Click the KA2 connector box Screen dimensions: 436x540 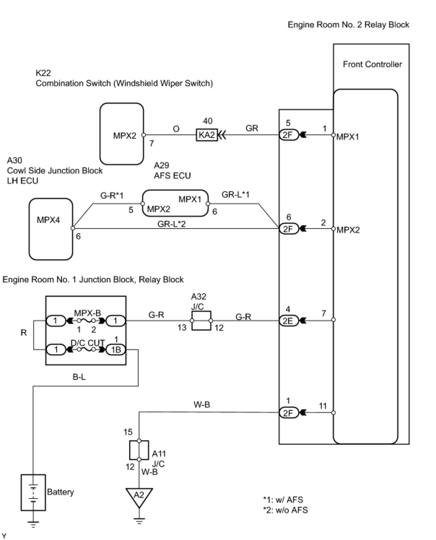pyautogui.click(x=207, y=135)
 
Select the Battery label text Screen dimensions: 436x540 pyautogui.click(x=60, y=492)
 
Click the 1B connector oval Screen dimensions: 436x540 pyautogui.click(x=116, y=350)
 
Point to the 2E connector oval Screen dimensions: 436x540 pyautogui.click(x=289, y=321)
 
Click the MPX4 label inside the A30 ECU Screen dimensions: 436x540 pyautogui.click(x=48, y=220)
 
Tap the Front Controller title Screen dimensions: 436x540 pyautogui.click(x=372, y=64)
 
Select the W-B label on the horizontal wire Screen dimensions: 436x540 pyautogui.click(x=202, y=405)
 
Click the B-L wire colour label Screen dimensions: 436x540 pyautogui.click(x=79, y=377)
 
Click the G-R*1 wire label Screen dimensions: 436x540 pyautogui.click(x=112, y=196)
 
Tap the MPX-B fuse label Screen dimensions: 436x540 pyautogui.click(x=87, y=313)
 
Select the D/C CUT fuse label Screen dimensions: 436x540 pyautogui.click(x=87, y=343)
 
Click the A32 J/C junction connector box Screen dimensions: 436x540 pyautogui.click(x=201, y=321)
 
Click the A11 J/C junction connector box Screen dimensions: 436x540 pyautogui.click(x=139, y=450)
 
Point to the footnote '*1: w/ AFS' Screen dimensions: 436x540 pyautogui.click(x=283, y=500)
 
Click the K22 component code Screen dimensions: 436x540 pyautogui.click(x=43, y=73)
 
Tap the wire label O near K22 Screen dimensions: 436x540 pyautogui.click(x=176, y=129)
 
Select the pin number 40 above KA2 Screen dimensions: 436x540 pyautogui.click(x=208, y=121)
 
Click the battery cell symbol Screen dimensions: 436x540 pyautogui.click(x=33, y=493)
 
